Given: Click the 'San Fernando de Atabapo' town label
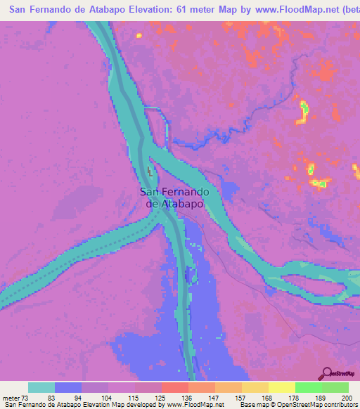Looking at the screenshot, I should (173, 197).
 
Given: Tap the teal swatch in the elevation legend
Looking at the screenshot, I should (41, 387).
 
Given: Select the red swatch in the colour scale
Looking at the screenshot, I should (175, 387).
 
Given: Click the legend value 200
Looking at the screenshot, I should (344, 397).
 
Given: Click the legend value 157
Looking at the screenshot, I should (240, 397).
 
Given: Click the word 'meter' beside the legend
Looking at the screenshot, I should (11, 397).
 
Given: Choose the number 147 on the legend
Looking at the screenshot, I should (214, 397).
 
